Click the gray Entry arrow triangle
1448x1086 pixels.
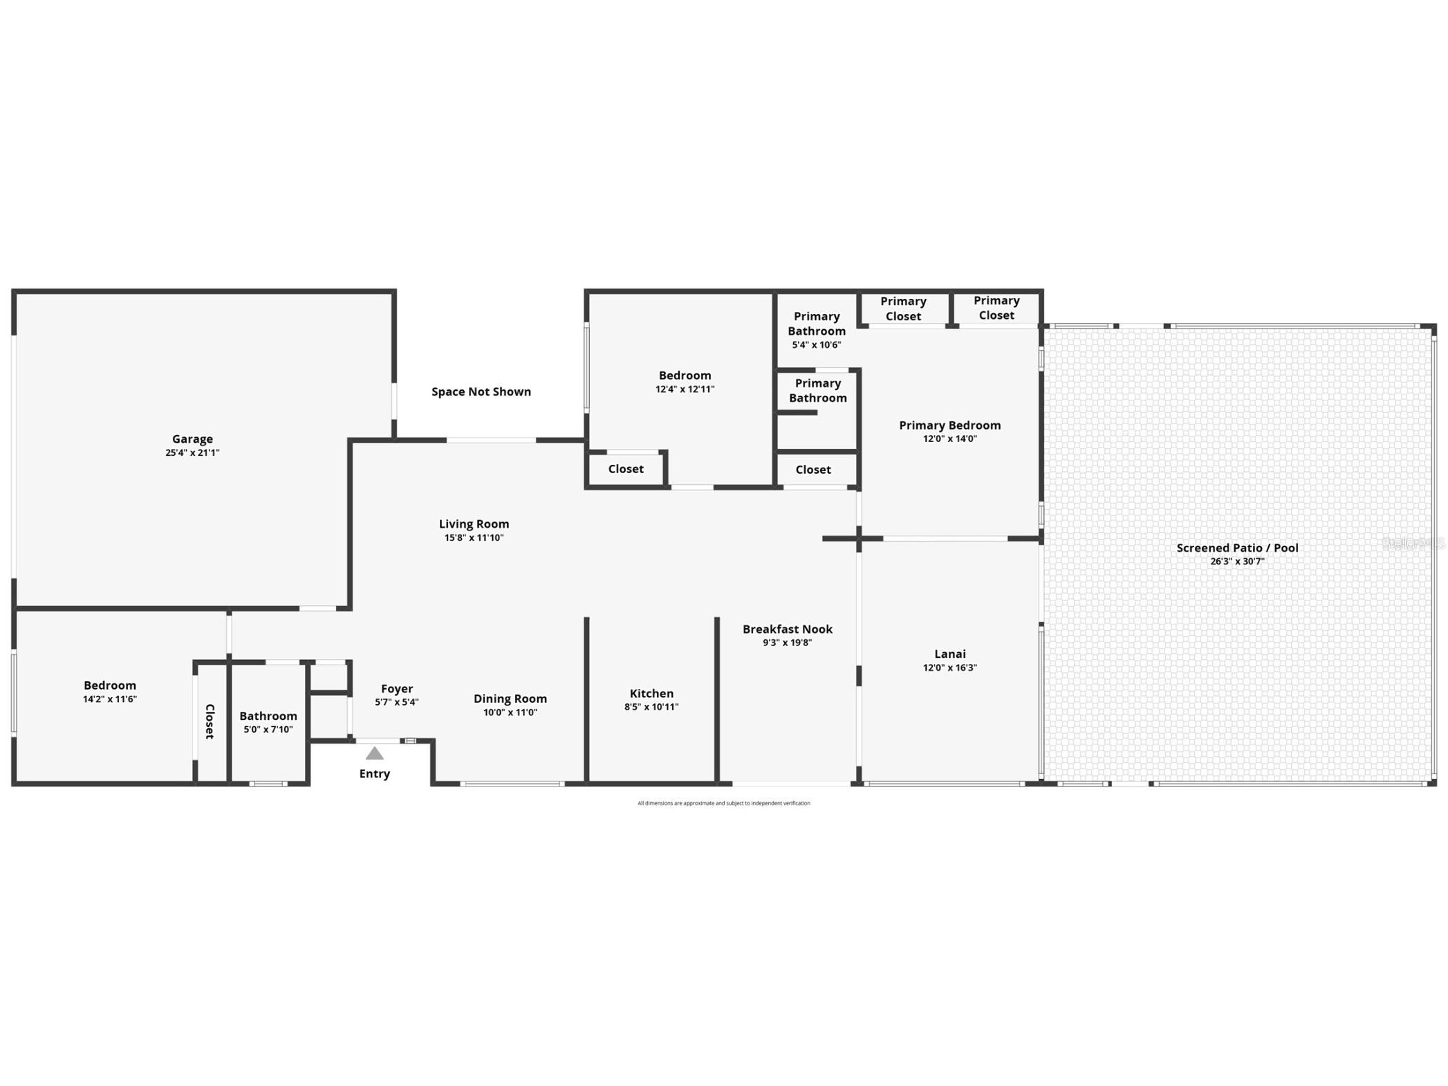pyautogui.click(x=374, y=753)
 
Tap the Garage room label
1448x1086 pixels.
pyautogui.click(x=192, y=439)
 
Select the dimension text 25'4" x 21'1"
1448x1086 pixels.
pyautogui.click(x=192, y=453)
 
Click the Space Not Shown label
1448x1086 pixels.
pyautogui.click(x=481, y=392)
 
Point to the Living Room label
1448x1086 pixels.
pyautogui.click(x=474, y=524)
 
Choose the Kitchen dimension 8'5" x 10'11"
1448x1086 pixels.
pyautogui.click(x=651, y=707)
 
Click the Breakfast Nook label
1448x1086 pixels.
pyautogui.click(x=787, y=629)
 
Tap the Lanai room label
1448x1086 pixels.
pyautogui.click(x=949, y=654)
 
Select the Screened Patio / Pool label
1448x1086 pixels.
pyautogui.click(x=1237, y=548)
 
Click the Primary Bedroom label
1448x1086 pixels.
pyautogui.click(x=949, y=425)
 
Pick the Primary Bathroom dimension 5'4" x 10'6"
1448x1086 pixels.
pyautogui.click(x=816, y=344)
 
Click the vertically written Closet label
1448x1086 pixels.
pyautogui.click(x=210, y=721)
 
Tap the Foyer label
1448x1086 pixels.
pyautogui.click(x=397, y=688)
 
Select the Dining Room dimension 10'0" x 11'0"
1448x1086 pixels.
pyautogui.click(x=510, y=712)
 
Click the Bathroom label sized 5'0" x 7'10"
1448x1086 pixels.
pyautogui.click(x=268, y=716)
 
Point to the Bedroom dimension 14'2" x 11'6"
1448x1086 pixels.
pyautogui.click(x=110, y=699)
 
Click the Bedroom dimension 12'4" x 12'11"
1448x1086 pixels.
pyautogui.click(x=685, y=389)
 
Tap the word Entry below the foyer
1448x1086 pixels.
pyautogui.click(x=374, y=773)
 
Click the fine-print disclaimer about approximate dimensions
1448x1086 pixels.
pyautogui.click(x=723, y=803)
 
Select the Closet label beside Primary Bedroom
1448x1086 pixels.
pyautogui.click(x=813, y=470)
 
